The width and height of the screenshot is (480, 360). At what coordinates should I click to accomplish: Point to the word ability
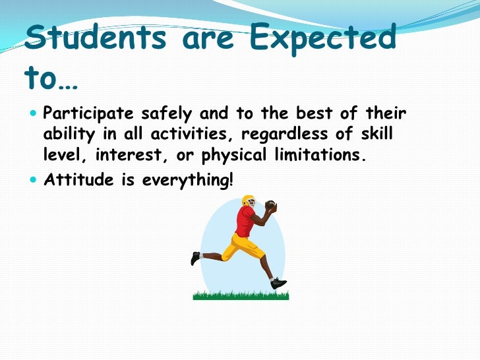(x=69, y=136)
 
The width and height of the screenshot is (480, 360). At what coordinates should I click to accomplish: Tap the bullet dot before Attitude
(x=35, y=179)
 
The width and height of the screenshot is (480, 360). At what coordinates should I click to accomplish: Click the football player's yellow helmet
(x=249, y=201)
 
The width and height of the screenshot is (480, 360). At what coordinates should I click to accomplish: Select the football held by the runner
(x=270, y=207)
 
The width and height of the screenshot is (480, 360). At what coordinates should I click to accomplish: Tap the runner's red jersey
(x=246, y=222)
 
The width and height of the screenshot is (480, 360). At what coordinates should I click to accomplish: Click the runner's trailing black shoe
(x=195, y=258)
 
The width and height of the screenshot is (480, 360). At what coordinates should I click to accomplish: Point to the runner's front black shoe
(x=279, y=283)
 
